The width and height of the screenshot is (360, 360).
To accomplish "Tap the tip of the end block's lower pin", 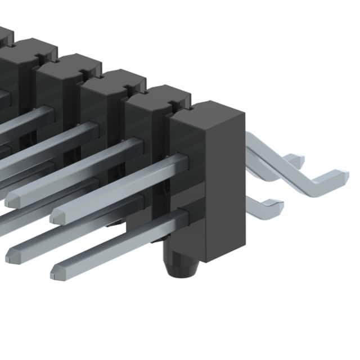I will (x=58, y=272).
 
